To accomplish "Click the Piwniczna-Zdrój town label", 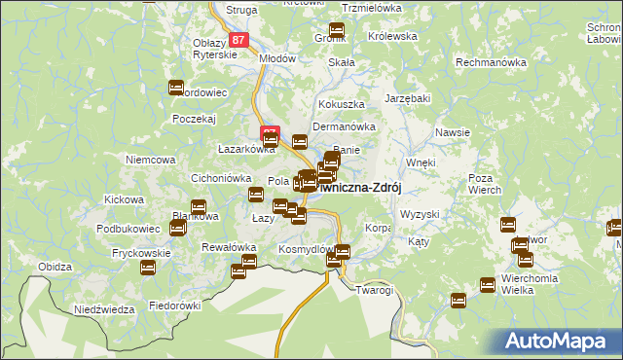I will (x=362, y=188).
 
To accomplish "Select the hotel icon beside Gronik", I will (x=337, y=30).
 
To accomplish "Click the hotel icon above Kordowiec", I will (x=176, y=88).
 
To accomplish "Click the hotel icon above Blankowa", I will (x=199, y=207).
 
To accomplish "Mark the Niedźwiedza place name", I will (x=104, y=309).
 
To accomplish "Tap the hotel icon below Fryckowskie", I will (x=147, y=268).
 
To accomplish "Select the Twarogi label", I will (x=374, y=290).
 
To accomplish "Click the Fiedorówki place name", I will (x=174, y=305).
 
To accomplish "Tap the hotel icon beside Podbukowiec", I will (x=177, y=228).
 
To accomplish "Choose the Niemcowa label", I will (x=150, y=160).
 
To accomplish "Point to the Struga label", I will (x=239, y=10).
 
